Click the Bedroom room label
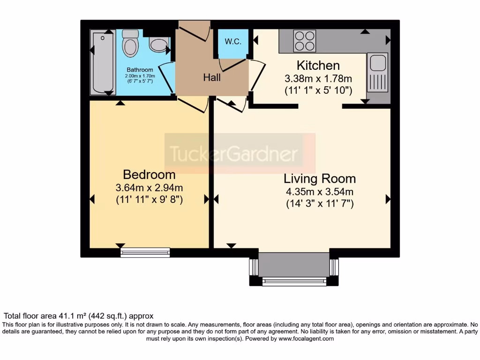(149, 175)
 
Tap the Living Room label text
(320, 179)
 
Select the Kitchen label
(318, 66)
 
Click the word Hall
(212, 78)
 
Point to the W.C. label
(233, 42)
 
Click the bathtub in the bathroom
(103, 63)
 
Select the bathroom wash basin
(159, 45)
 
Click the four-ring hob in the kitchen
(304, 41)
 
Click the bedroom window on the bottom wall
(145, 253)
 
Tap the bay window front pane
(294, 281)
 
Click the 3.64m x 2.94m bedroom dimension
(149, 188)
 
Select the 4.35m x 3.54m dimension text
(320, 192)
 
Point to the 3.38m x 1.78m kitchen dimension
(318, 79)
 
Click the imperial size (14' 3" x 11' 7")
(320, 204)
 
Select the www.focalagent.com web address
(306, 338)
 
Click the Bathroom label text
(140, 70)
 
